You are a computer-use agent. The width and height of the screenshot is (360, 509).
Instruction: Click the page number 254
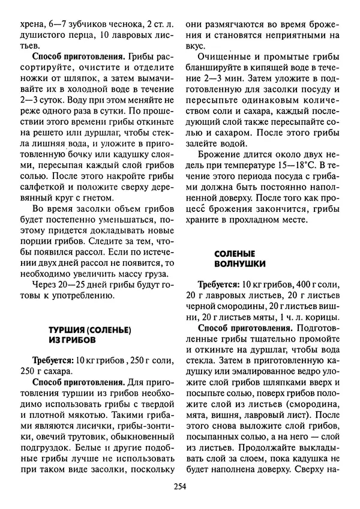coord(179,486)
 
